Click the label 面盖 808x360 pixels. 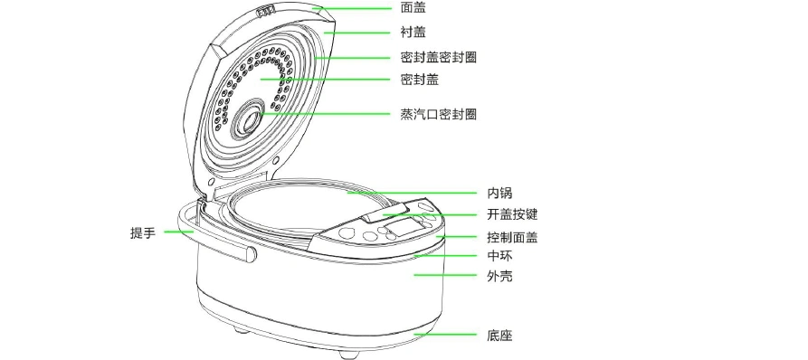point(413,7)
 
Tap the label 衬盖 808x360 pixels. point(413,32)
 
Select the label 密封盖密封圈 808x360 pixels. point(438,57)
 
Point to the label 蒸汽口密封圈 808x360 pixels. point(438,114)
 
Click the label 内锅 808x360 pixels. point(500,193)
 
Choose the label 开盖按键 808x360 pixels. point(512,215)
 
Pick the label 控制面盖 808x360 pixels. point(512,238)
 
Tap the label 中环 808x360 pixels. point(500,255)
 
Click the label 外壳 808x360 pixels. point(500,276)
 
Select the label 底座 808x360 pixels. point(500,336)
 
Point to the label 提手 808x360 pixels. point(143,232)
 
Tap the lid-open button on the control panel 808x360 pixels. point(376,217)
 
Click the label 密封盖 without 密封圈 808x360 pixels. point(419,80)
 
